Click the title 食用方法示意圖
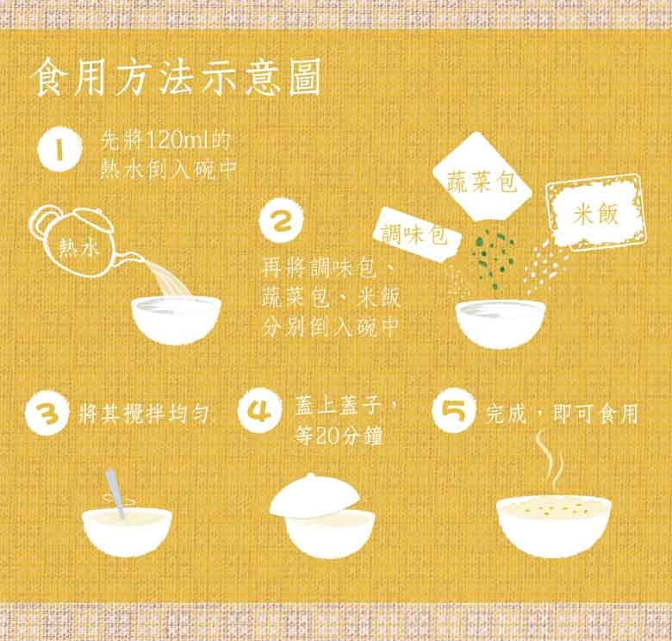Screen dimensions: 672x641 pos(177,78)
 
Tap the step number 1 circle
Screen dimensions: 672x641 pos(59,150)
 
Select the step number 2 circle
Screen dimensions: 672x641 pos(281,221)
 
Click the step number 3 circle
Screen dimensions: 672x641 pos(47,413)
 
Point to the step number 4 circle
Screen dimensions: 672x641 pos(259,410)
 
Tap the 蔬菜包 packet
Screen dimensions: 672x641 pos(482,177)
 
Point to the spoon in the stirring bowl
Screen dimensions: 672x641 pos(115,493)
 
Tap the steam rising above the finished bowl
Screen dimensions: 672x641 pos(551,463)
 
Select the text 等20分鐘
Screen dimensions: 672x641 pos(339,437)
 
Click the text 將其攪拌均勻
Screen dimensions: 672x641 pos(143,414)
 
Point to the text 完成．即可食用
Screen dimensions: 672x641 pos(563,414)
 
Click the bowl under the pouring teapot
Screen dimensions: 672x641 pos(176,320)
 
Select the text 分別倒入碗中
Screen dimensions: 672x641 pos(331,327)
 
